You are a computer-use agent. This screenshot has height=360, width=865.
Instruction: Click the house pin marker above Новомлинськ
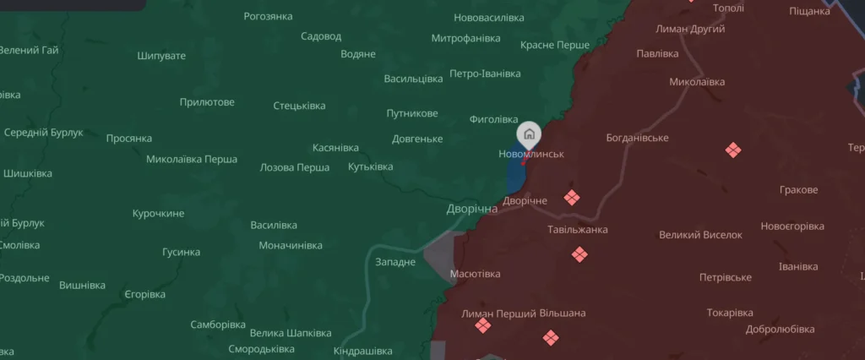pyautogui.click(x=529, y=134)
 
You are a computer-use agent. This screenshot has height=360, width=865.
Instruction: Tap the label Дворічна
pyautogui.click(x=472, y=208)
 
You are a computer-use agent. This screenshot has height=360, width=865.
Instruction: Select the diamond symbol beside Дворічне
pyautogui.click(x=572, y=198)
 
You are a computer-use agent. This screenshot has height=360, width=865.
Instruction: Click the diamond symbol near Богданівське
pyautogui.click(x=732, y=150)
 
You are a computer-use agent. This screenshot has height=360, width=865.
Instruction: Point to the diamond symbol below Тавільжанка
pyautogui.click(x=579, y=254)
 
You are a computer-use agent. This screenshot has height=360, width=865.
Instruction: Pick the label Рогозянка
pyautogui.click(x=268, y=16)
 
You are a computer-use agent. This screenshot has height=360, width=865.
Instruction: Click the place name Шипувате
pyautogui.click(x=161, y=56)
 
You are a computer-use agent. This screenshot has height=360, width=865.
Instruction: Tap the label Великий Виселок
pyautogui.click(x=700, y=235)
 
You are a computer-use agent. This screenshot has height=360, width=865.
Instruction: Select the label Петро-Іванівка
pyautogui.click(x=485, y=74)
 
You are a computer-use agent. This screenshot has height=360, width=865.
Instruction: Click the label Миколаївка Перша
pyautogui.click(x=192, y=159)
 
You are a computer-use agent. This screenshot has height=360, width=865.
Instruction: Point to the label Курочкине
pyautogui.click(x=158, y=213)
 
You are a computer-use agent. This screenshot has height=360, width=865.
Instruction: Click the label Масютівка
pyautogui.click(x=475, y=274)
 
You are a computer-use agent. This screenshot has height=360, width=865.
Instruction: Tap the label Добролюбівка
pyautogui.click(x=780, y=329)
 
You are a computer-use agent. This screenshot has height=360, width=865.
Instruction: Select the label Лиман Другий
pyautogui.click(x=691, y=30)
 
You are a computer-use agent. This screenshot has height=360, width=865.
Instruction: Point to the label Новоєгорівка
pyautogui.click(x=792, y=226)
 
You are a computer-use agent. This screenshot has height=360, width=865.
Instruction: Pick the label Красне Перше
pyautogui.click(x=555, y=44)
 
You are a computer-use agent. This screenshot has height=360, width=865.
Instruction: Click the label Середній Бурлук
pyautogui.click(x=44, y=133)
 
